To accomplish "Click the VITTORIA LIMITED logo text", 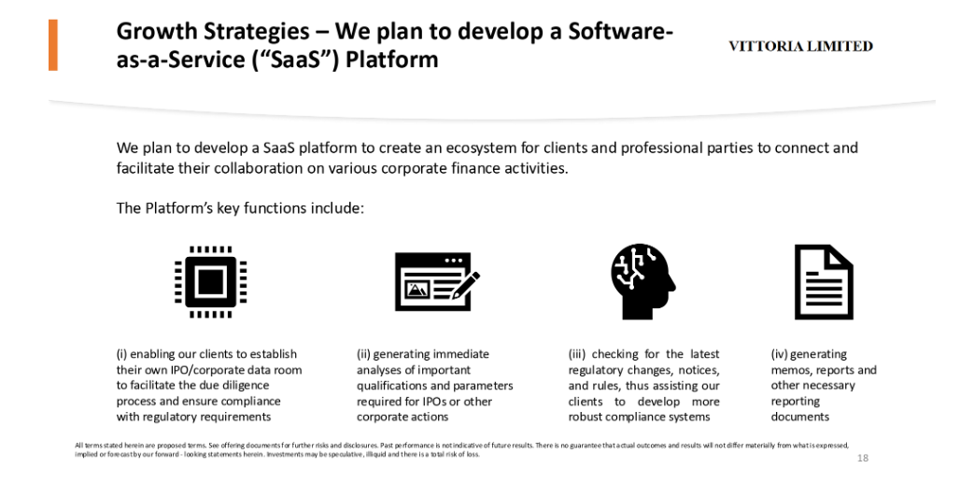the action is coord(800,47).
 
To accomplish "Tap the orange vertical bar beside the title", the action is coord(53,45).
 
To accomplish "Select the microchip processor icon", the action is coord(210,282).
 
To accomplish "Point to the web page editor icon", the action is coord(437,281).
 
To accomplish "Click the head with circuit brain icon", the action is coord(642,282).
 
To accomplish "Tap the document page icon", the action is coord(824,282).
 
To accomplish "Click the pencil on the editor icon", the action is coord(465,285).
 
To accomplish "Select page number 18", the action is coord(863,459).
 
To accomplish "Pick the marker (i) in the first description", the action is coord(121,354).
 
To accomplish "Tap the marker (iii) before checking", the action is coord(577,354).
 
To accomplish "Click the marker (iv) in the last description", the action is coord(780,354).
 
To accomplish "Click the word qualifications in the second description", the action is coord(388,386).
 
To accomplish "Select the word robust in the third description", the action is coord(586,417).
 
